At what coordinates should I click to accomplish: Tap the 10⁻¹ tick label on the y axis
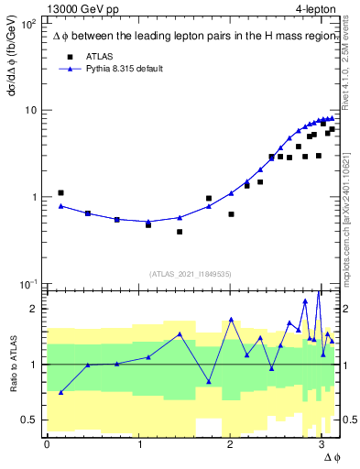pos(27,284)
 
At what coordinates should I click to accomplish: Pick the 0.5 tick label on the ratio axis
pos(28,420)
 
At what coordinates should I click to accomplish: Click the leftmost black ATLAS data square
pos(60,193)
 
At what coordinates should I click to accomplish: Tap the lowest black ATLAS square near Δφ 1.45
pos(180,232)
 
